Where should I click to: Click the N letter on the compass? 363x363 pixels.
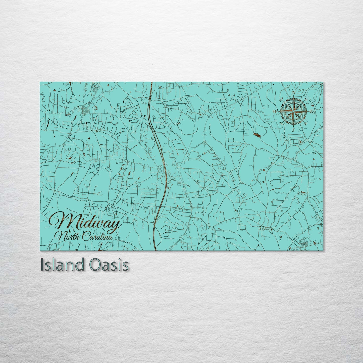point(293,93)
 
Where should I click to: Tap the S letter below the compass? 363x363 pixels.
point(293,130)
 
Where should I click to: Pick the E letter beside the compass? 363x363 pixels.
point(311,111)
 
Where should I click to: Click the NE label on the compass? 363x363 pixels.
point(305,99)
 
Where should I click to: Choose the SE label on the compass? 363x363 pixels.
point(305,124)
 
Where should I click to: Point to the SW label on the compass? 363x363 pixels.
point(281,123)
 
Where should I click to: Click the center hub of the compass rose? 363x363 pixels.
point(293,111)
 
